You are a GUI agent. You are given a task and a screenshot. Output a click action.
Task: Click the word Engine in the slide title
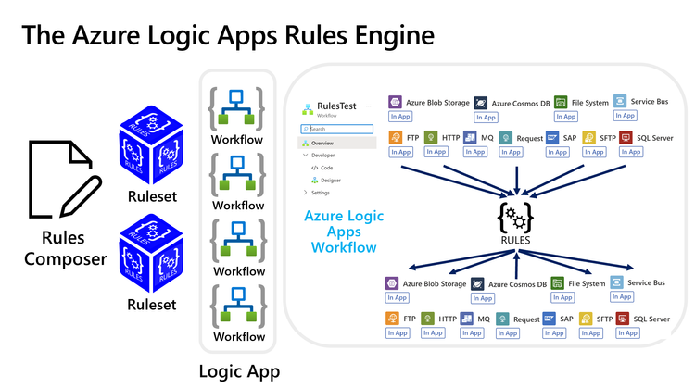pyautogui.click(x=386, y=36)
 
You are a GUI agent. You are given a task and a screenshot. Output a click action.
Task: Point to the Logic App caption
pyautogui.click(x=239, y=371)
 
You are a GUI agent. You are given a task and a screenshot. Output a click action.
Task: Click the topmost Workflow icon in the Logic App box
pyautogui.click(x=238, y=107)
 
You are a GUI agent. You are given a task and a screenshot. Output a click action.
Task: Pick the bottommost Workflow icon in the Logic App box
pyautogui.click(x=238, y=306)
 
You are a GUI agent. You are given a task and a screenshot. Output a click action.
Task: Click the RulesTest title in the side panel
pyautogui.click(x=336, y=106)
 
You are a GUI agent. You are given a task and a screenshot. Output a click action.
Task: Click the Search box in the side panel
pyautogui.click(x=338, y=129)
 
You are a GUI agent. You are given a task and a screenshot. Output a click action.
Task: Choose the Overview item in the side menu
pyautogui.click(x=322, y=144)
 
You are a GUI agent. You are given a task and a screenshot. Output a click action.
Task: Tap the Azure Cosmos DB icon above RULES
pyautogui.click(x=480, y=104)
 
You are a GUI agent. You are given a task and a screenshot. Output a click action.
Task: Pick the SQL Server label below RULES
pyautogui.click(x=651, y=319)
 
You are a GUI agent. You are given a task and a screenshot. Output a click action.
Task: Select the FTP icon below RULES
pyautogui.click(x=393, y=319)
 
